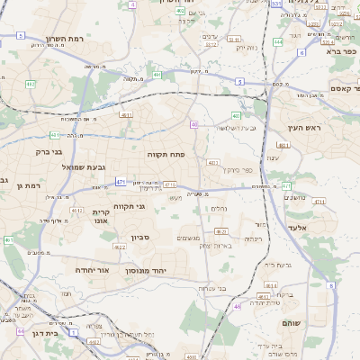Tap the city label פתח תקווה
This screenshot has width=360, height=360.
166,154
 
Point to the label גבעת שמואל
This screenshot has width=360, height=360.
60,167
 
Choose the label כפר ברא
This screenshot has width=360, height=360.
337,53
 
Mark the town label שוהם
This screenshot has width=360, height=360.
316,322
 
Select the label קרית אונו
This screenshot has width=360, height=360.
101,218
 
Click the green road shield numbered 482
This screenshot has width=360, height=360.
31,85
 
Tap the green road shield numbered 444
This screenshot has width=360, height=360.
278,41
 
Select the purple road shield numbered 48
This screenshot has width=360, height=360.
238,306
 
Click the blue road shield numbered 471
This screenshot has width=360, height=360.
120,182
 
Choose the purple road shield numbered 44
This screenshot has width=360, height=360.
20,331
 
